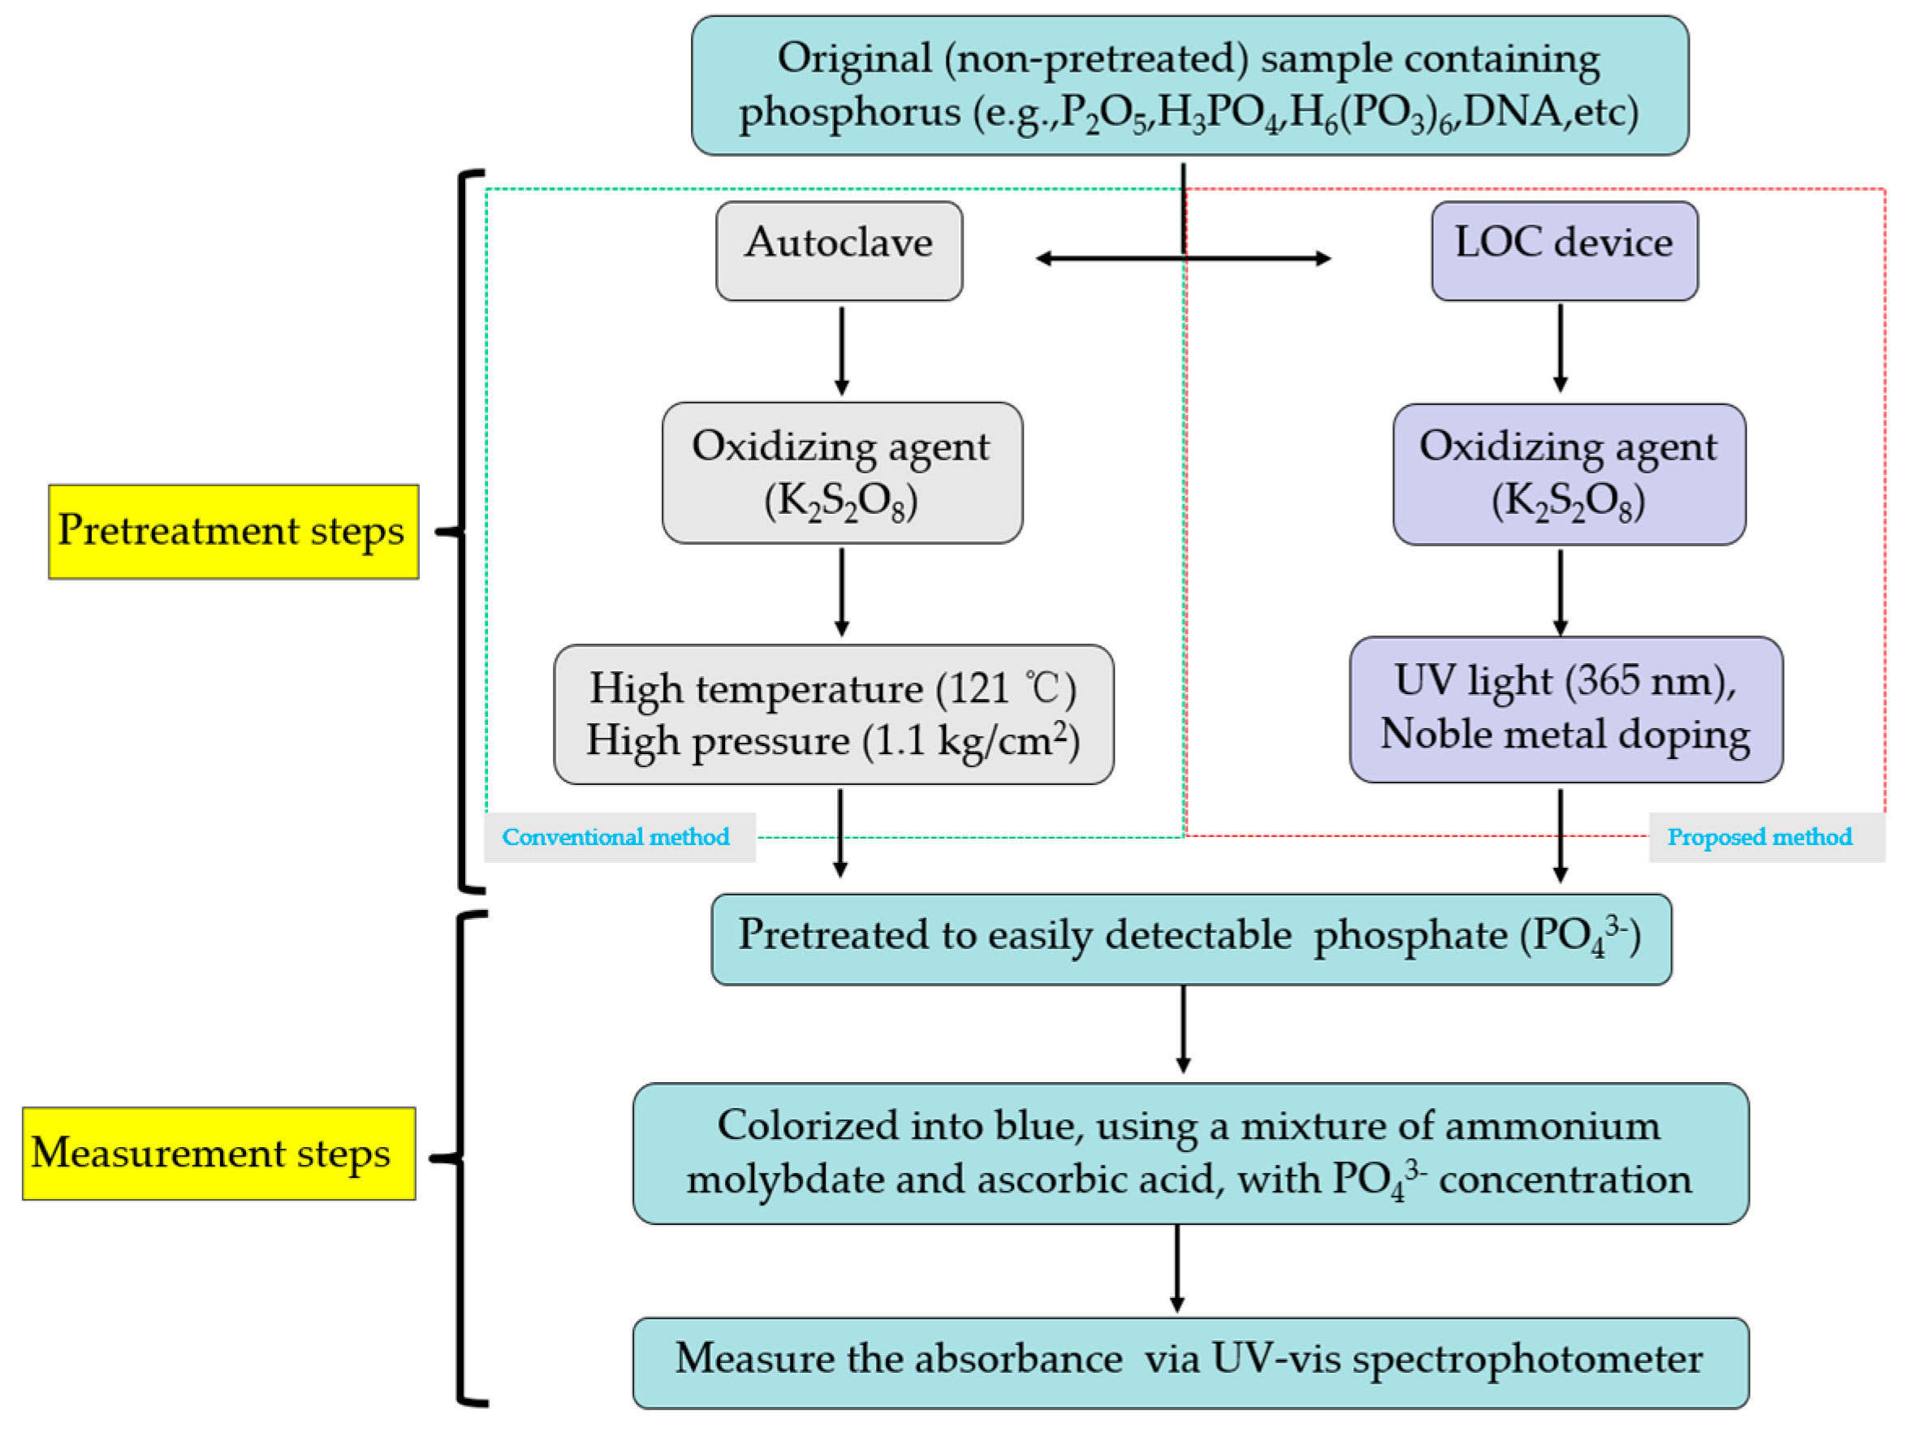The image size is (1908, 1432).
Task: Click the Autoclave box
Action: click(x=839, y=251)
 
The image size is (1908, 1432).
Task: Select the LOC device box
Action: click(x=1564, y=251)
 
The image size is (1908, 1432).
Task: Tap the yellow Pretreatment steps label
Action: click(x=233, y=532)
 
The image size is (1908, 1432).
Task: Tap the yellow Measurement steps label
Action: click(x=218, y=1154)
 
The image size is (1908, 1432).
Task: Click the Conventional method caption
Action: click(x=616, y=837)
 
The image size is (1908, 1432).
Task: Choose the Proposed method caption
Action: click(x=1759, y=837)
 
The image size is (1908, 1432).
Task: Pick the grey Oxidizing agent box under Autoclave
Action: click(x=842, y=472)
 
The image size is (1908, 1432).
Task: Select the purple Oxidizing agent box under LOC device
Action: click(x=1568, y=474)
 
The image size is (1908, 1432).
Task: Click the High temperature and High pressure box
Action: click(x=833, y=714)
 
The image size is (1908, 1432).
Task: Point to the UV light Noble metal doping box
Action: click(x=1565, y=709)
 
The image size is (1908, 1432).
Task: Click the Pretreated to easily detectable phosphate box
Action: click(x=1190, y=938)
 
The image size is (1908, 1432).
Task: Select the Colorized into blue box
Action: click(x=1190, y=1154)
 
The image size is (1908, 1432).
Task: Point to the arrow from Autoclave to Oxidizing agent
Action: click(x=842, y=349)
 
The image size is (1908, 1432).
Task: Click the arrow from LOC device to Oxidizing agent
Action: click(x=1561, y=347)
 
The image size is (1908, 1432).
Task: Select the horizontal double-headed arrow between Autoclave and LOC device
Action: click(x=1184, y=258)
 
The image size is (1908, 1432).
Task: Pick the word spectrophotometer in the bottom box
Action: click(x=1526, y=1360)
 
